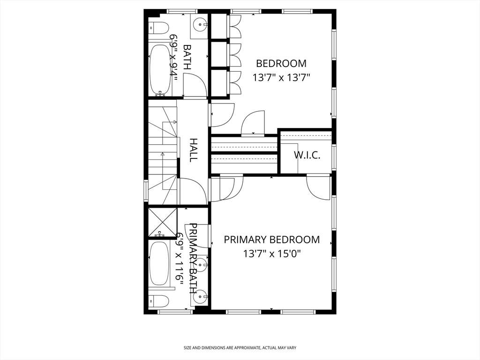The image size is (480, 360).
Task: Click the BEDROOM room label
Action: [281, 63]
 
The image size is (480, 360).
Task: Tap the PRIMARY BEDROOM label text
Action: [272, 240]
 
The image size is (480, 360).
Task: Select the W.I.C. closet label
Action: [307, 155]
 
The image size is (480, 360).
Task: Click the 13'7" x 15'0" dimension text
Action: [272, 254]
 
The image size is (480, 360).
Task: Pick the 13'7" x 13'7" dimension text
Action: [281, 77]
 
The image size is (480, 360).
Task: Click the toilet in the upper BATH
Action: [159, 29]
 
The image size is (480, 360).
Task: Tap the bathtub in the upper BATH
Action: [160, 70]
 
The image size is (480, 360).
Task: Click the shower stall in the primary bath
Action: [163, 223]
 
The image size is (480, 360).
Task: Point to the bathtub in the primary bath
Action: [159, 263]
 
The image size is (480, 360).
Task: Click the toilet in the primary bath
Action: [158, 301]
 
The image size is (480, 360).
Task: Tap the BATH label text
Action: [187, 57]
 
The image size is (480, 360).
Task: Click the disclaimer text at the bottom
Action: [240, 348]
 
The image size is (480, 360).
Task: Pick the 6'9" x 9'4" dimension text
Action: [173, 57]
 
